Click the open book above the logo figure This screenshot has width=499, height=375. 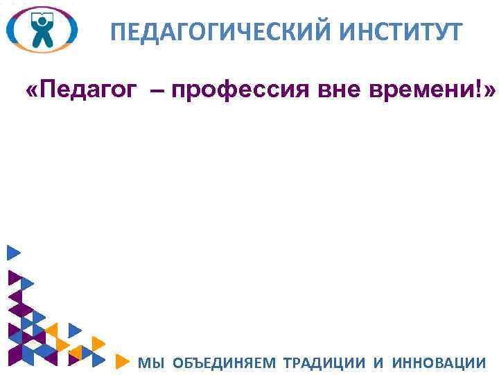(42, 12)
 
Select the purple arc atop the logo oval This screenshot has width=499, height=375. (42, 8)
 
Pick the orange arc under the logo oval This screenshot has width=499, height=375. (42, 51)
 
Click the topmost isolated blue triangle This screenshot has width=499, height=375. (13, 253)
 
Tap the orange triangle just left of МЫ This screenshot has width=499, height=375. (123, 361)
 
